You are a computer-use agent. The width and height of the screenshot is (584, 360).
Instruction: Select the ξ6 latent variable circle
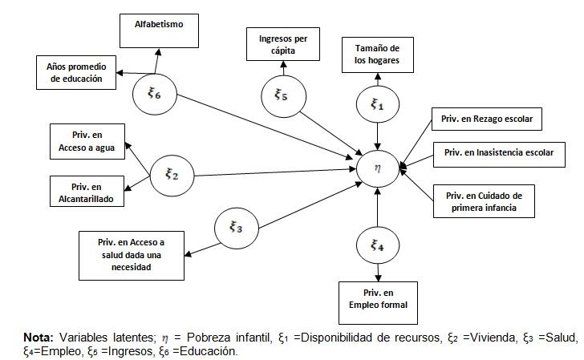[x=154, y=95]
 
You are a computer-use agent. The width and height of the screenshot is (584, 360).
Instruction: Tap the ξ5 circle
[x=281, y=95]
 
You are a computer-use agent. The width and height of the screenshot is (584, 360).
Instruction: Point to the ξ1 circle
[x=377, y=104]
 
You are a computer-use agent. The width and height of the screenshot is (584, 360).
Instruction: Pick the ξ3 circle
[x=236, y=228]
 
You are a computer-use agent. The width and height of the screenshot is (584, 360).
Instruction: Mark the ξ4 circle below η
[x=377, y=246]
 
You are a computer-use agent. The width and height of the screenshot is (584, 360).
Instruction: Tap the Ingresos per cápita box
[x=282, y=44]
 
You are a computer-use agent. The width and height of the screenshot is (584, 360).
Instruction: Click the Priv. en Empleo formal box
[x=378, y=297]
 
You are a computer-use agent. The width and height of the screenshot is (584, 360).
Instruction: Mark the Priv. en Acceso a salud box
[x=132, y=256]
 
